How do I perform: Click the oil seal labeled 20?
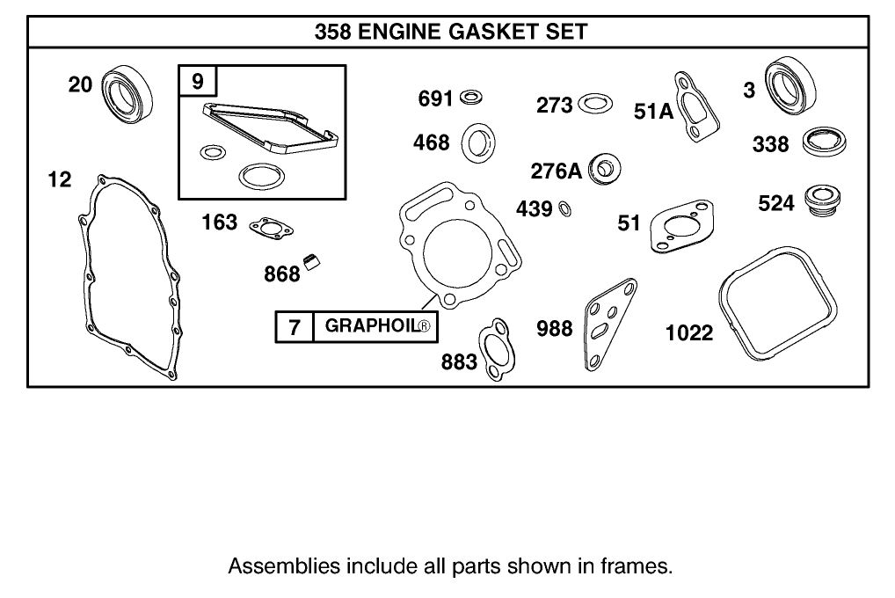click(128, 91)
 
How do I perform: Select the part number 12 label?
click(60, 179)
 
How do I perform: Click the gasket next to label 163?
click(269, 229)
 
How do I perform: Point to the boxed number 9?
click(197, 82)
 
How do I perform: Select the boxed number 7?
click(295, 328)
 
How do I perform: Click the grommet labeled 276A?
click(604, 168)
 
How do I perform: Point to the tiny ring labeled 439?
click(565, 209)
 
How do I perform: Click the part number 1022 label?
click(689, 333)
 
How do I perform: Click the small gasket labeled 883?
click(494, 351)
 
